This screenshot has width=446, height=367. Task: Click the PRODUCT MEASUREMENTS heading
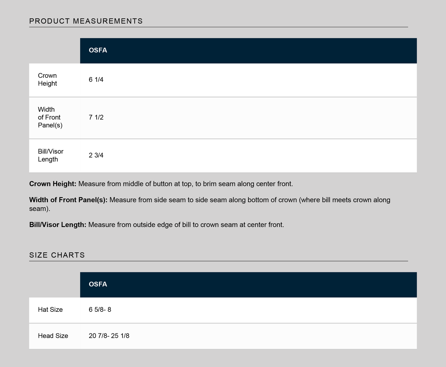86,21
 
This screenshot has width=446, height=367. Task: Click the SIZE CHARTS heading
57,255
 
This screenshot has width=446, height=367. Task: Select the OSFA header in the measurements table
98,50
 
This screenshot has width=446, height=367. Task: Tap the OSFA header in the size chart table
98,284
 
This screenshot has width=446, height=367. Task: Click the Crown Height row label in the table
48,80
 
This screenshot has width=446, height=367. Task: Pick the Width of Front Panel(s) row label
50,118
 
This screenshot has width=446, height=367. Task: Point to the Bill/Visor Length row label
51,155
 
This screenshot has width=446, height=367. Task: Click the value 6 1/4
96,80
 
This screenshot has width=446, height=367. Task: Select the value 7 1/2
96,118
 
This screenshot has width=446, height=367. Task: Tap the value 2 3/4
96,155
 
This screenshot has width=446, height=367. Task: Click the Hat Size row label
50,310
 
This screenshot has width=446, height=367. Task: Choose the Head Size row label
53,336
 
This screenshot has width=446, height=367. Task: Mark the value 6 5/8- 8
100,310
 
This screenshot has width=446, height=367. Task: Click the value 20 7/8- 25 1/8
109,336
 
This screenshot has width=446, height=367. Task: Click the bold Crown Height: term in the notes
53,184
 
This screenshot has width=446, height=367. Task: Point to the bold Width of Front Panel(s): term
68,200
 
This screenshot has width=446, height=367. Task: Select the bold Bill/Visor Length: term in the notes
58,225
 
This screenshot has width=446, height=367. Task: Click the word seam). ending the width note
40,209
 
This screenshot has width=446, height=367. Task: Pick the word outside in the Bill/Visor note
144,225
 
